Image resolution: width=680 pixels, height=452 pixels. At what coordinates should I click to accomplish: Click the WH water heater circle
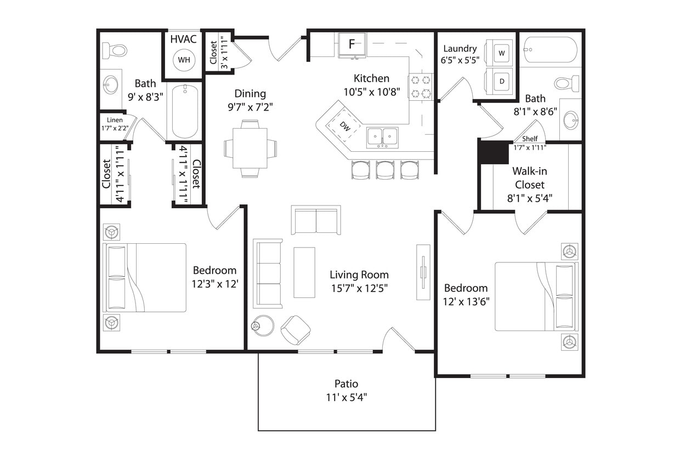(x=183, y=60)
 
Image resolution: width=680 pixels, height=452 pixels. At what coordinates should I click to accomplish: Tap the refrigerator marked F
(x=352, y=44)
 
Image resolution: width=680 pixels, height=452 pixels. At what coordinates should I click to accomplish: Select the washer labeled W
(x=502, y=53)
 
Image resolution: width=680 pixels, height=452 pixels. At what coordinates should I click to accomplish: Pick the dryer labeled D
(x=502, y=81)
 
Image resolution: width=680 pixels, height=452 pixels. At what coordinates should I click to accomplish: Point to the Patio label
(x=347, y=384)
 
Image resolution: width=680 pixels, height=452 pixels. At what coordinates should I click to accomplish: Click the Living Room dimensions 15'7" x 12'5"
(x=359, y=289)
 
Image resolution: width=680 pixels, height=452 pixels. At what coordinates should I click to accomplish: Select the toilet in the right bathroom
(x=567, y=84)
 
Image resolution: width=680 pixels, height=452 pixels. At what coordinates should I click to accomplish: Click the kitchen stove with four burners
(x=421, y=87)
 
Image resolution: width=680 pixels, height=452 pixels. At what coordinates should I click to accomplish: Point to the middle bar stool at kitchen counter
(x=385, y=170)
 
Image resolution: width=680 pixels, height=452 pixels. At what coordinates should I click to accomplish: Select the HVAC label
(x=183, y=39)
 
